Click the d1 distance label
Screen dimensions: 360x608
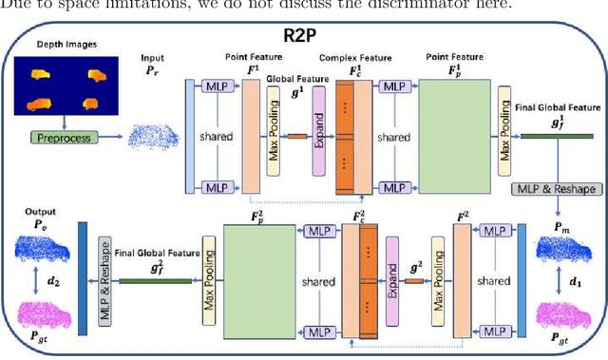(573, 282)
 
